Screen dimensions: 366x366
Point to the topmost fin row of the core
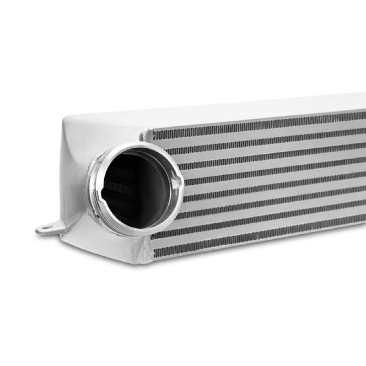[256, 124]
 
